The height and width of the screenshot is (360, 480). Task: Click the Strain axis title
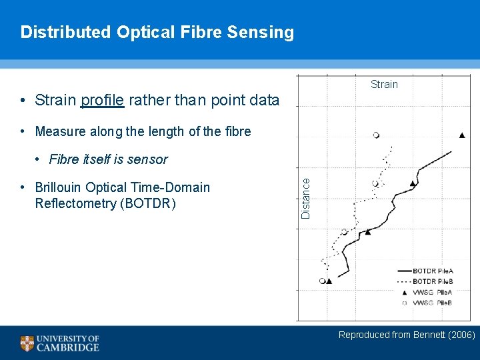click(x=384, y=84)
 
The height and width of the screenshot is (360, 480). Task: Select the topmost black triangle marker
click(x=462, y=135)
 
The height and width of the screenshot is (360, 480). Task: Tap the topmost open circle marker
click(x=377, y=135)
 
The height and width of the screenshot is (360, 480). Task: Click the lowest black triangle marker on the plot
click(x=329, y=281)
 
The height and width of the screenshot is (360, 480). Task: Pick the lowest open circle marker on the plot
click(x=323, y=281)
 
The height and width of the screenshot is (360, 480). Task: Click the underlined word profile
click(x=102, y=101)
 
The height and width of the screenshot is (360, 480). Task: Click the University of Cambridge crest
click(x=27, y=343)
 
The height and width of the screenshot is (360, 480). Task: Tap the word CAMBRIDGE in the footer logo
click(x=68, y=347)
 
